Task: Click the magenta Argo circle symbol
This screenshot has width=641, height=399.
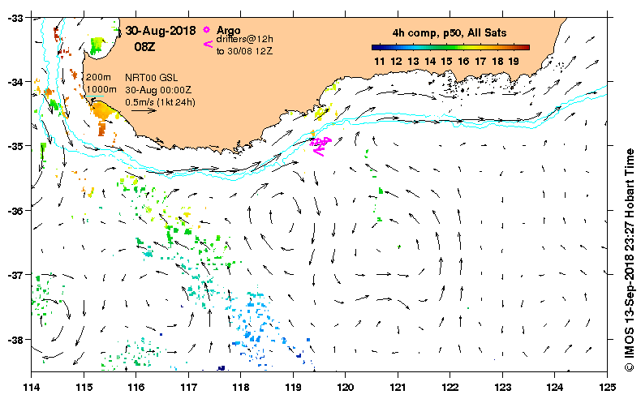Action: (x=209, y=30)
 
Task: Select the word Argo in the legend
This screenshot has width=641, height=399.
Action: (x=229, y=31)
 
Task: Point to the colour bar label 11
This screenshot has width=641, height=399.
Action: (x=379, y=61)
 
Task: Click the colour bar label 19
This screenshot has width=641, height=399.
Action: (x=513, y=61)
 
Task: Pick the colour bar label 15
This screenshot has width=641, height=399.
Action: (x=446, y=61)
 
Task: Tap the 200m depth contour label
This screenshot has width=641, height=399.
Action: (x=98, y=77)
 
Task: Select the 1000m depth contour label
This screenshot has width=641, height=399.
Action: (x=101, y=89)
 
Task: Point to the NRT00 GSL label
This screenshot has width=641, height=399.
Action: (x=148, y=78)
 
